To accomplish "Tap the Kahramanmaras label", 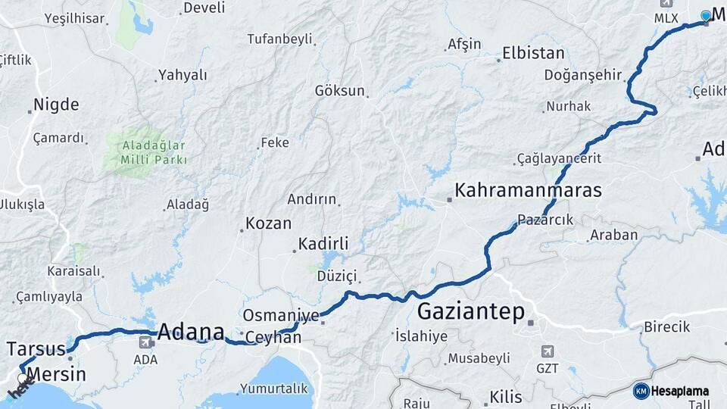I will click(528, 190).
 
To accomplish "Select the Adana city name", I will click(191, 332).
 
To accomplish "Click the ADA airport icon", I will click(144, 343).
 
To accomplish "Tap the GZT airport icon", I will click(547, 351).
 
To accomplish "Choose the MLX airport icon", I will click(666, 4).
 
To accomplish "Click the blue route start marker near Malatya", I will click(706, 15).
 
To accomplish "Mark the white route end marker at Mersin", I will click(23, 377).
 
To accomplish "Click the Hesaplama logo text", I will click(680, 392).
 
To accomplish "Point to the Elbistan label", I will click(533, 54).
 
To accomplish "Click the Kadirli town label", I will click(323, 244).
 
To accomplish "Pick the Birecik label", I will click(666, 327).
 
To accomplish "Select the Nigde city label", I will click(56, 105).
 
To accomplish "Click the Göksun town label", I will click(339, 90).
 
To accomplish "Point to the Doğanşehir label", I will click(582, 75).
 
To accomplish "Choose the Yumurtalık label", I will click(273, 389).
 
